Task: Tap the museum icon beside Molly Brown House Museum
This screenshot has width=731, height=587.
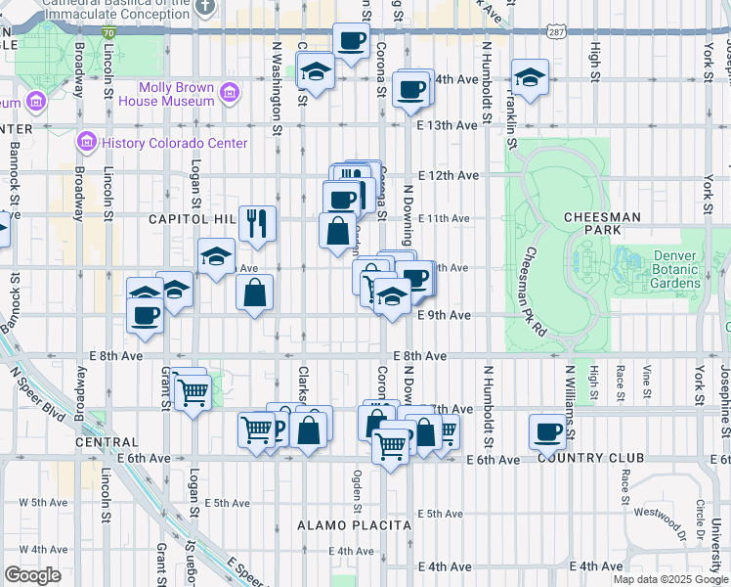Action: tap(230, 94)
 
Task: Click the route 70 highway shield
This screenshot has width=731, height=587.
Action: tap(107, 32)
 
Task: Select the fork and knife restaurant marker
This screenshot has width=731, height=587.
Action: tap(257, 223)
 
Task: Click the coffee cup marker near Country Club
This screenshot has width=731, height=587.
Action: tap(548, 431)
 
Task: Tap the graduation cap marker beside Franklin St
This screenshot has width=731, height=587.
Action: tap(530, 77)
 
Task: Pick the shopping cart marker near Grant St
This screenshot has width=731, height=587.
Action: tap(192, 391)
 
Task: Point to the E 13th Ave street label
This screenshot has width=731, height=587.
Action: tap(447, 125)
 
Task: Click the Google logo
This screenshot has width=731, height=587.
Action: tap(32, 575)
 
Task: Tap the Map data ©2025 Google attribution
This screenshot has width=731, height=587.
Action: tap(669, 579)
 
